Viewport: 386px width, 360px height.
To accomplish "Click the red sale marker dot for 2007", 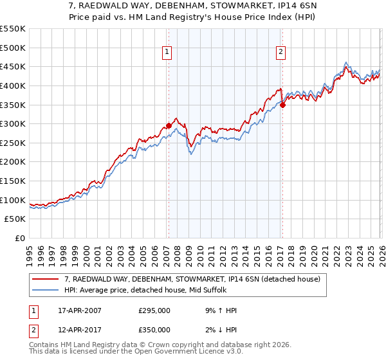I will [169, 126].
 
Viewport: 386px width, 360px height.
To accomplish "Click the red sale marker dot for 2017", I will [282, 105].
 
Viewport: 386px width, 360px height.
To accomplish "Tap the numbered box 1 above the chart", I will [167, 53].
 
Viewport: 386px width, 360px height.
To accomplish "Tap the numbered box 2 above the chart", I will [281, 53].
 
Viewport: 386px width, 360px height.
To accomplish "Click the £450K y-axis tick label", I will [13, 66].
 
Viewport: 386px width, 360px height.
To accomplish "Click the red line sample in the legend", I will [46, 279].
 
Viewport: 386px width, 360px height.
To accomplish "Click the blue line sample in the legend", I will [46, 290].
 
